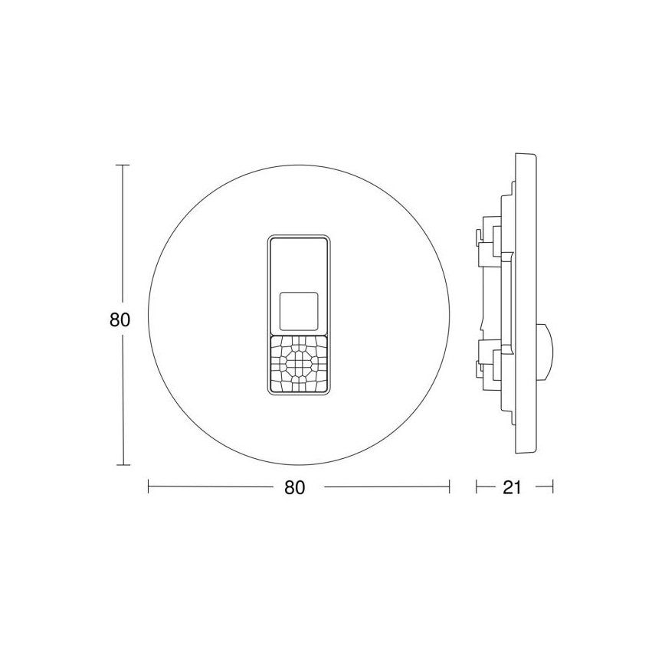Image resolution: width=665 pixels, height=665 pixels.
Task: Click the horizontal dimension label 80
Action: [295, 487]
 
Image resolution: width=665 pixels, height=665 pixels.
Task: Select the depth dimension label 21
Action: [512, 487]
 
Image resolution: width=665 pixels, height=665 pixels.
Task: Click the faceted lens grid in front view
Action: [299, 363]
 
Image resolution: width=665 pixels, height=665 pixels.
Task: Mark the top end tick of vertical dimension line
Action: [122, 165]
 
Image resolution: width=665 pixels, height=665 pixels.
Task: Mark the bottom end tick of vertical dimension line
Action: [122, 465]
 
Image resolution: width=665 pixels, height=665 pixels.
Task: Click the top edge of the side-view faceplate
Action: [526, 155]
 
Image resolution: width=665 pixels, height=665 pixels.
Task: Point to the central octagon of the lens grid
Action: [299, 359]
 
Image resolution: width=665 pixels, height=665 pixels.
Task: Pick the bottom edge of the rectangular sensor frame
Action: [299, 395]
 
